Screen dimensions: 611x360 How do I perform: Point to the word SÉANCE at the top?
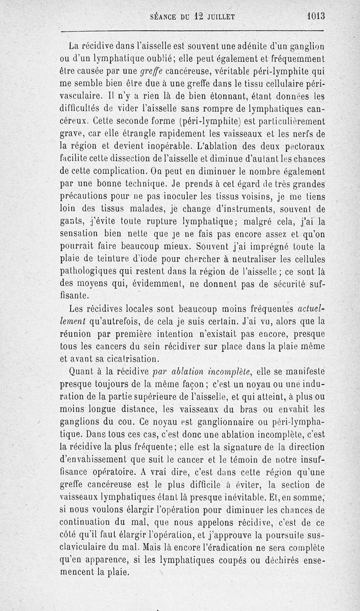pyautogui.click(x=164, y=17)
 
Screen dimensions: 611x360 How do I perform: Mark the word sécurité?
pyautogui.click(x=283, y=285)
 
